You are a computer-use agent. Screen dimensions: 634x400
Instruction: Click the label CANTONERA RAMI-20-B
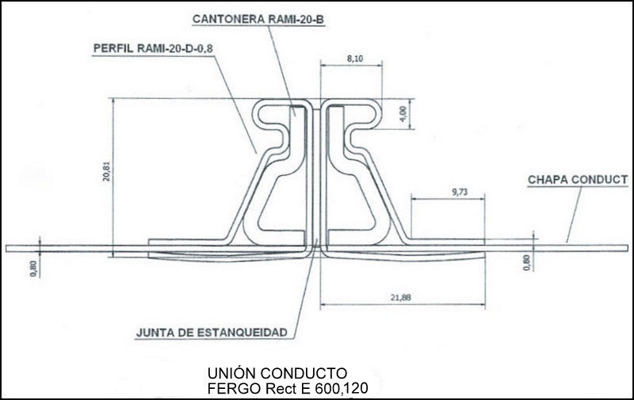pos(258,19)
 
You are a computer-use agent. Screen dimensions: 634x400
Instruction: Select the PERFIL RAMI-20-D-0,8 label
pos(153,48)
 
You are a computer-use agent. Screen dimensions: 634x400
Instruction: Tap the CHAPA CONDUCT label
pos(578,180)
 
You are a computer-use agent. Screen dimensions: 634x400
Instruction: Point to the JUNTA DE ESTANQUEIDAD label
pos(212,333)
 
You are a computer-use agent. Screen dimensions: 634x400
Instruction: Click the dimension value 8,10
pos(355,59)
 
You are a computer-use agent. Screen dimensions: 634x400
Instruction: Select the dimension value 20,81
pos(106,171)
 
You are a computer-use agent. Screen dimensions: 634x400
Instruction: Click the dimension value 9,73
pos(460,192)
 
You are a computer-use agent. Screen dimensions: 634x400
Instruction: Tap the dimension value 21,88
pos(401,297)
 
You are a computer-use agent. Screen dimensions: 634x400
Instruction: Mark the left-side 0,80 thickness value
pos(33,269)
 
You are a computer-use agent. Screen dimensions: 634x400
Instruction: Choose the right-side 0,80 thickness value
pos(526,263)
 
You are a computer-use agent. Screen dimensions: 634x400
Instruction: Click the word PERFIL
pos(113,48)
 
